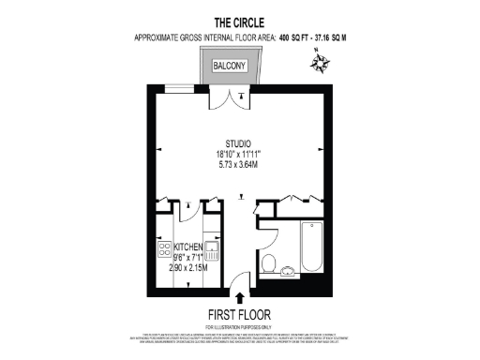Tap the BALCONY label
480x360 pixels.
[x=229, y=66]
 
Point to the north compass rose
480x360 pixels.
[x=321, y=65]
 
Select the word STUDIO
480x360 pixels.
[x=238, y=143]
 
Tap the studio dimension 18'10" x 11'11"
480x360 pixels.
[x=238, y=154]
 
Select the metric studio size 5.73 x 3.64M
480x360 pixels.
[x=238, y=165]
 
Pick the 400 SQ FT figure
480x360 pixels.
[x=281, y=37]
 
